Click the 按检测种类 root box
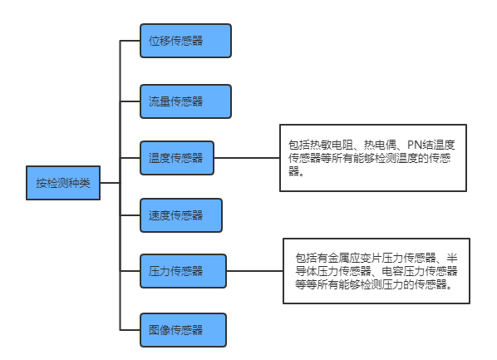tap(63, 183)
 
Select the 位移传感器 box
tap(185, 41)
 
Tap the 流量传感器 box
tap(185, 101)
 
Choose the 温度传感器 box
tap(177, 158)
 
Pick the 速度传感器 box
tap(181, 215)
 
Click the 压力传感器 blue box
tap(183, 271)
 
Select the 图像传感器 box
tap(183, 330)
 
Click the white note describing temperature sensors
tap(373, 158)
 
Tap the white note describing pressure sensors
tap(376, 271)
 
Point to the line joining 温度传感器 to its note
tap(247, 158)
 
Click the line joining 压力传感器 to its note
tap(255, 271)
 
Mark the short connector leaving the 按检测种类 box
tap(110, 183)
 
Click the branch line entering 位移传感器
tap(130, 41)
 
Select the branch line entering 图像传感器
tap(130, 330)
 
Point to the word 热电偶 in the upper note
tap(380, 145)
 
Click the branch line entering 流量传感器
tap(130, 101)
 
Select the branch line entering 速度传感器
tap(130, 215)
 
